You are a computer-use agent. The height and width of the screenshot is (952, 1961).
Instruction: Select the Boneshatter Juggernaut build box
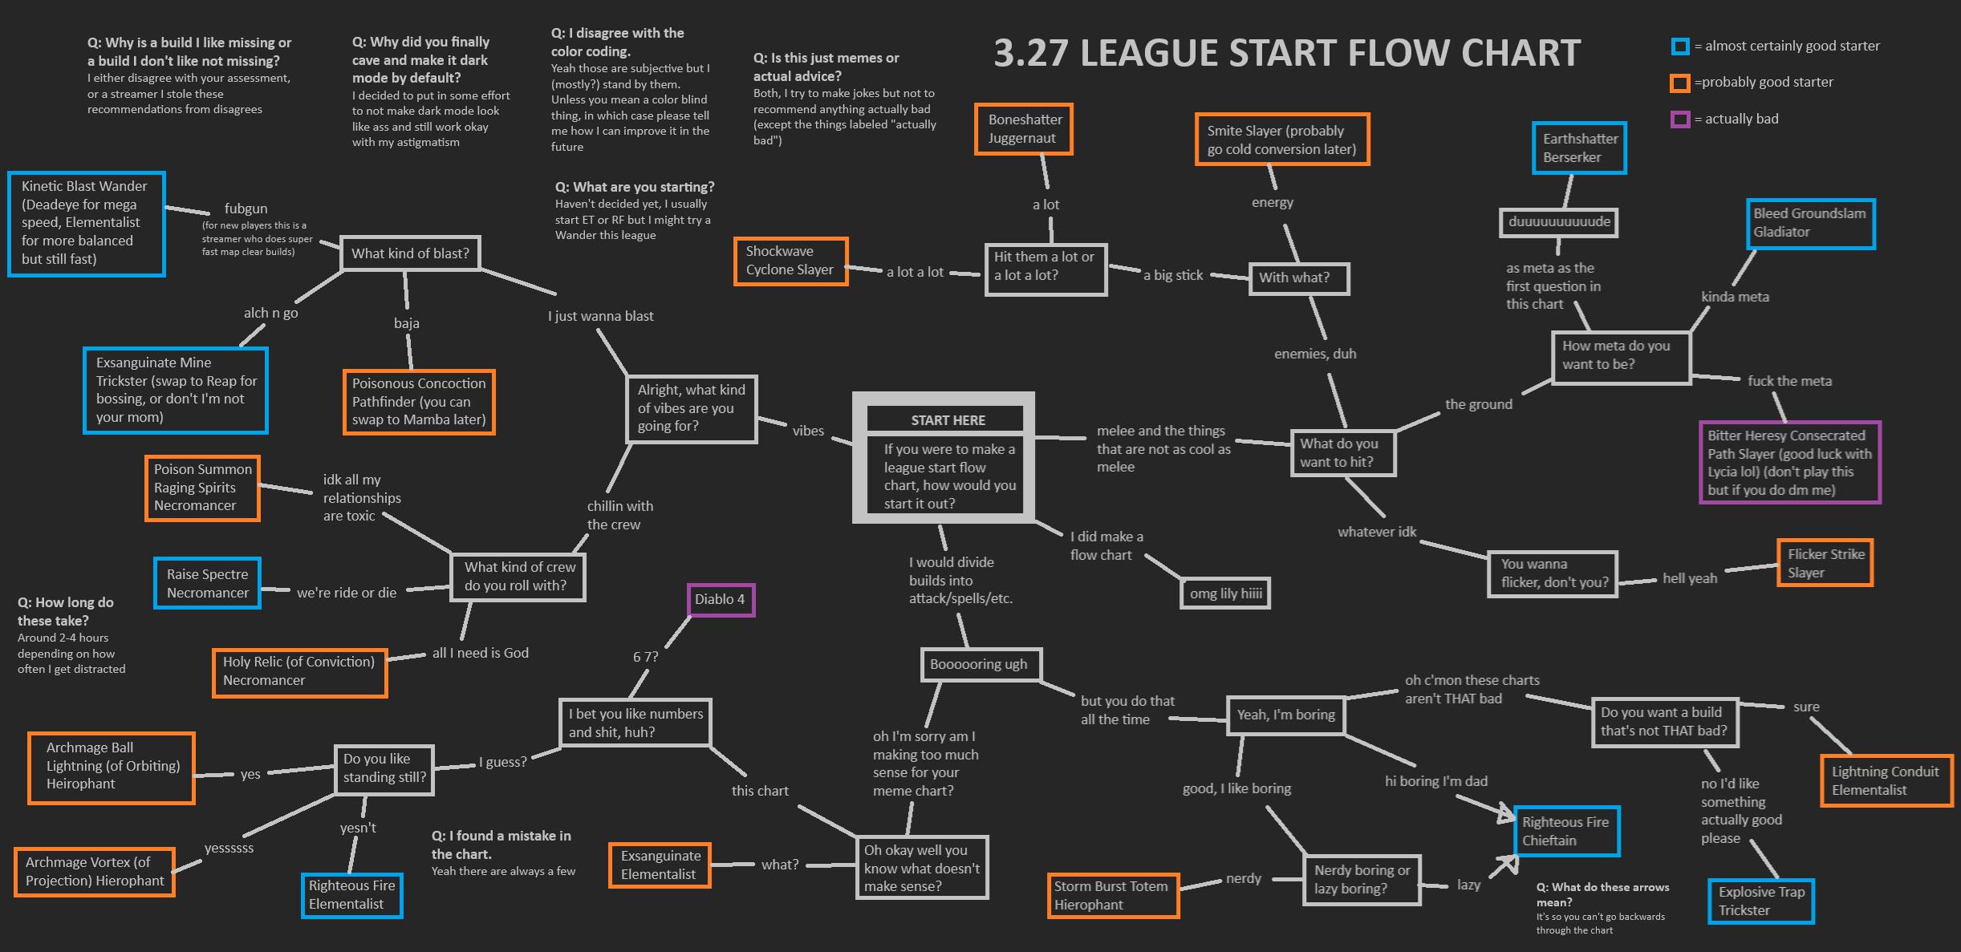[x=1025, y=129]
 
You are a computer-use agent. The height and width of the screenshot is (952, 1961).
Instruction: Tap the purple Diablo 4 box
[x=721, y=599]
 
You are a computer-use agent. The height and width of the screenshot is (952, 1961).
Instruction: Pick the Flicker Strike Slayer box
[x=1824, y=563]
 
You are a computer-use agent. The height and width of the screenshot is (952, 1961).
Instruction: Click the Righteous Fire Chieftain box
[x=1565, y=831]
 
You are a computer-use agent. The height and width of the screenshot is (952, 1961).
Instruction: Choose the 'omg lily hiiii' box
[x=1225, y=593]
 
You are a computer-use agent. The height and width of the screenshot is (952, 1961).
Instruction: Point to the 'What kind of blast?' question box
[x=410, y=253]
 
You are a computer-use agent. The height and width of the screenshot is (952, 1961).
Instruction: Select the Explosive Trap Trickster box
[x=1760, y=901]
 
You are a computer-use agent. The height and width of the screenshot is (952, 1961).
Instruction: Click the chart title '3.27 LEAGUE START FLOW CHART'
[x=1286, y=54]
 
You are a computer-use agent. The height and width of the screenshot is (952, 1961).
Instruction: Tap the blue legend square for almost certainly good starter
[x=1679, y=47]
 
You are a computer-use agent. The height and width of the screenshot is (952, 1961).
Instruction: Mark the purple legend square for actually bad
[x=1679, y=120]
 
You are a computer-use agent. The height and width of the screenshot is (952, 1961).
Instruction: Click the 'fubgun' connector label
[x=246, y=209]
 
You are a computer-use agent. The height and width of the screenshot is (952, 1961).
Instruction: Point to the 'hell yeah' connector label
[x=1689, y=578]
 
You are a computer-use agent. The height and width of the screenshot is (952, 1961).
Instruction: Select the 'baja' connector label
[x=406, y=323]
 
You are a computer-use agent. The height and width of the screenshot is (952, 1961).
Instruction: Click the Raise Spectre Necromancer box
[x=207, y=583]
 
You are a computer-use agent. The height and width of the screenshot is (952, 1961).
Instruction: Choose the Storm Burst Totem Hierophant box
[x=1111, y=895]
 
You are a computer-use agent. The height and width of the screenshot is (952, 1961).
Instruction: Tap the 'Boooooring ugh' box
[x=979, y=664]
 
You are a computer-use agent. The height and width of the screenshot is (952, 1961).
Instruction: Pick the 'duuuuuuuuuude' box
[x=1558, y=222]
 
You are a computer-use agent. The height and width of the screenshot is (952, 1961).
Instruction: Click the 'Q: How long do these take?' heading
[x=66, y=611]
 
